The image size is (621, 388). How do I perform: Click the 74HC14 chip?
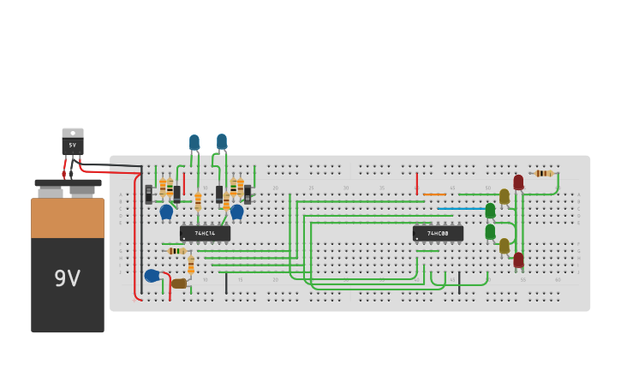[x=205, y=233]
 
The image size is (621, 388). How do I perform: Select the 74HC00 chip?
[x=438, y=233]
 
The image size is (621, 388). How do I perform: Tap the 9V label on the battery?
[x=68, y=278]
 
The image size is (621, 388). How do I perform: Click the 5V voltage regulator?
[x=73, y=142]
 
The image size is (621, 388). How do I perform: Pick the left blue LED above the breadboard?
[x=194, y=142]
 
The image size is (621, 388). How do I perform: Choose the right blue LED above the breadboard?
[x=222, y=141]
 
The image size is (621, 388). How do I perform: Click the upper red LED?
[x=518, y=182]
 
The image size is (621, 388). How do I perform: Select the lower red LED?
[x=518, y=259]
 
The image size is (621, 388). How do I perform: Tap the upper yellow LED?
[x=505, y=196]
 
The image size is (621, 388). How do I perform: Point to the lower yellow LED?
[x=505, y=246]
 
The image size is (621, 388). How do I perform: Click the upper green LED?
[x=490, y=211]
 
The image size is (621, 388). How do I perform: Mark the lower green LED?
[x=490, y=231]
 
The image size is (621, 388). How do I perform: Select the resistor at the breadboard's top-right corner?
[x=543, y=173]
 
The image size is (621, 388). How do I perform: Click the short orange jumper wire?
[x=434, y=194]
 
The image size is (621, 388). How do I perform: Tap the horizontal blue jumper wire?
[x=461, y=208]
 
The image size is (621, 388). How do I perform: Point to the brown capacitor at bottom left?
[x=179, y=284]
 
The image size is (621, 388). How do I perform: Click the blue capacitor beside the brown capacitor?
[x=152, y=276]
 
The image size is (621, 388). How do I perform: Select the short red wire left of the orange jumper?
[x=417, y=183]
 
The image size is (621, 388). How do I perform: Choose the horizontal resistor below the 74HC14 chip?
[x=176, y=251]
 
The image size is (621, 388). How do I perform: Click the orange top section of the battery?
[x=68, y=218]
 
